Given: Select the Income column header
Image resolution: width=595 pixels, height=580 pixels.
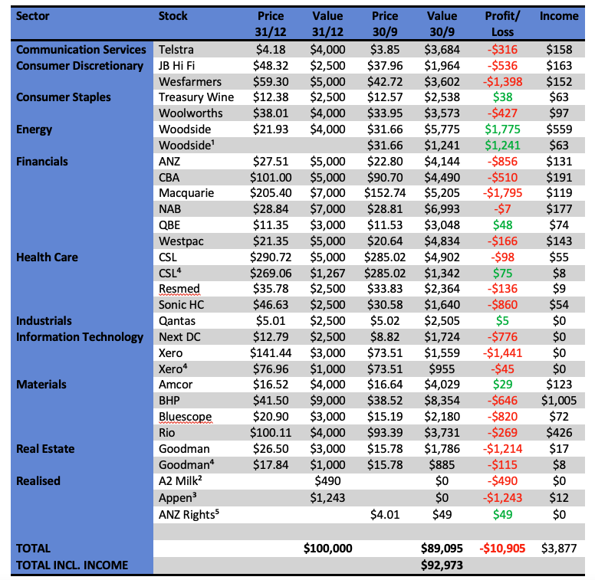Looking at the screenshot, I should [559, 16].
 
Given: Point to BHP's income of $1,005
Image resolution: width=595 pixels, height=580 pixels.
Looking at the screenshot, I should [559, 401].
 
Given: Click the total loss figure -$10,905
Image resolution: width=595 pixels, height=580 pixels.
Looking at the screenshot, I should [503, 548].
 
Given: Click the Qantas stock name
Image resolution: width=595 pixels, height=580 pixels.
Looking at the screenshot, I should [176, 321].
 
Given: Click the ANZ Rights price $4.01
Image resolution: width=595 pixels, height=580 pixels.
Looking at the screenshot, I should [384, 513].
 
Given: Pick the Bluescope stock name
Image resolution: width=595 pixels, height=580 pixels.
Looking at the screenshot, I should [185, 417].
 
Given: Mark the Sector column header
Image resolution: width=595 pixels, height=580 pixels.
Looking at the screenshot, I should [33, 16].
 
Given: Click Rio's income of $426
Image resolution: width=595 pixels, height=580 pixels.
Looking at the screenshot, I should [559, 433].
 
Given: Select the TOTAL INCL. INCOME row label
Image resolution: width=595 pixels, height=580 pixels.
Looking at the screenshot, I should [72, 565].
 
